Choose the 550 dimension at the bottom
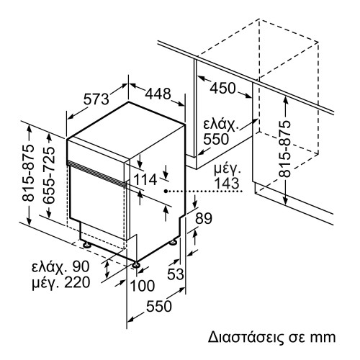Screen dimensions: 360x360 (x=158, y=307)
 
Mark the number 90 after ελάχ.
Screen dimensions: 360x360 (x=81, y=267)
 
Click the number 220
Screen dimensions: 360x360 (x=76, y=282)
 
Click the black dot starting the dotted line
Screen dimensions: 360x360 (x=166, y=191)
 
